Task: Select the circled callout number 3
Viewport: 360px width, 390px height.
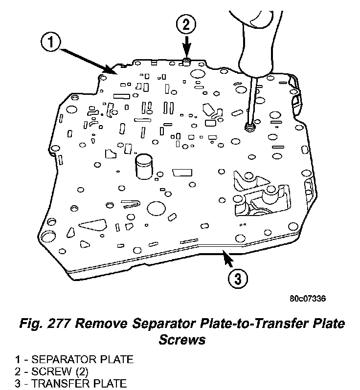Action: click(x=237, y=279)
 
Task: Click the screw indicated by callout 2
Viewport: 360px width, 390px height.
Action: click(x=186, y=61)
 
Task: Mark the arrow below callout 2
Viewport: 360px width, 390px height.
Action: click(x=186, y=49)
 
